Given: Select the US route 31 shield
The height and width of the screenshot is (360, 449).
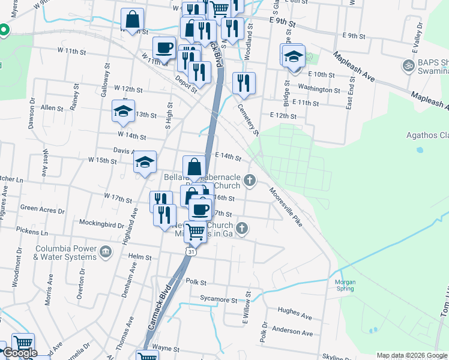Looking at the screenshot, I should (x=190, y=252).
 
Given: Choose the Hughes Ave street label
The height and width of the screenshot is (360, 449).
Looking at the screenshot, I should (x=295, y=314).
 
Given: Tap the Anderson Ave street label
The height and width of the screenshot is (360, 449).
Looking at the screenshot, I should (x=292, y=332).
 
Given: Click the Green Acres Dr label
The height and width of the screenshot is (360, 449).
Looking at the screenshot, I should (x=39, y=208).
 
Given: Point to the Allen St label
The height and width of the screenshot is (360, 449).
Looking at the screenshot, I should (x=52, y=108).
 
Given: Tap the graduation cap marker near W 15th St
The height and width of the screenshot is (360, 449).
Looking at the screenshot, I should (x=145, y=162).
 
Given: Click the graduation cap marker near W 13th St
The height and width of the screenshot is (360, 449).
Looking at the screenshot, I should (x=123, y=111).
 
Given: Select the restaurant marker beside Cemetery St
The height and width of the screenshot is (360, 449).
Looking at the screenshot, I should (x=244, y=83).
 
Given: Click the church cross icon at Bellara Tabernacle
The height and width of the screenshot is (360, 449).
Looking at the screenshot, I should (x=250, y=181).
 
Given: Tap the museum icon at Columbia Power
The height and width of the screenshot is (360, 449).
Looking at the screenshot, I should (x=106, y=251).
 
